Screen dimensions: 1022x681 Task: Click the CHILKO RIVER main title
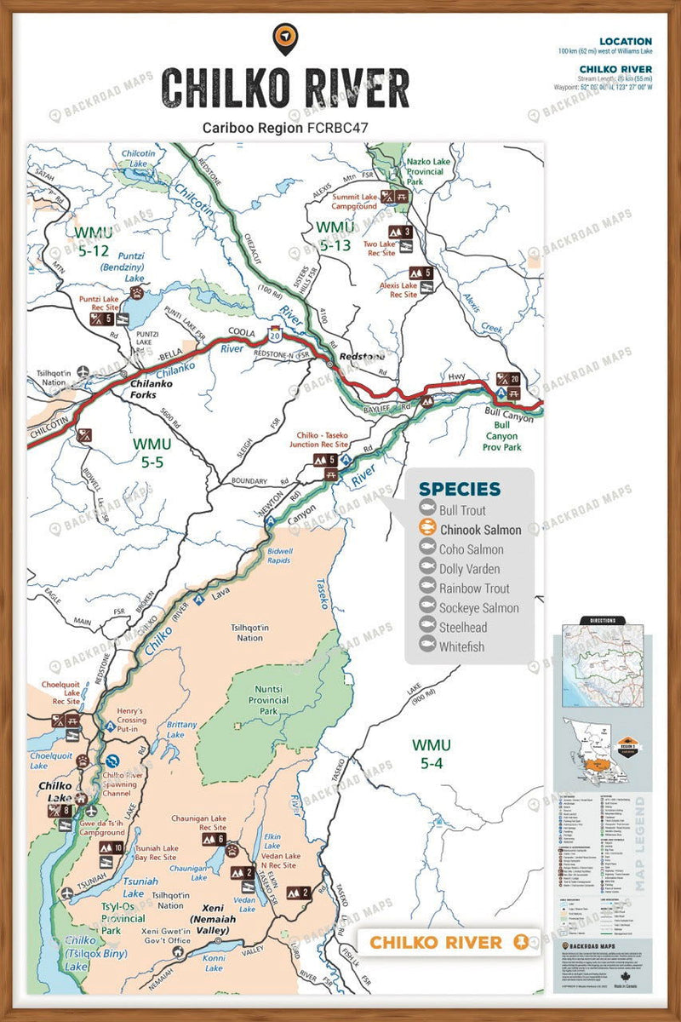click(x=285, y=88)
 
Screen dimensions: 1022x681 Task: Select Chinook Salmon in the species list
click(x=480, y=530)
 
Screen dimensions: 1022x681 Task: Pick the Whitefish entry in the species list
click(x=461, y=646)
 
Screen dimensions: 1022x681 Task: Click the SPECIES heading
click(x=460, y=490)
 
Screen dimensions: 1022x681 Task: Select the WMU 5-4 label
click(x=432, y=754)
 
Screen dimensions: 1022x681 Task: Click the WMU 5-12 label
click(x=91, y=241)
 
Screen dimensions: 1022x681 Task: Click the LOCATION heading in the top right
click(x=625, y=41)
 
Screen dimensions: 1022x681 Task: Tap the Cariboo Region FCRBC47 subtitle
click(x=285, y=128)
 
